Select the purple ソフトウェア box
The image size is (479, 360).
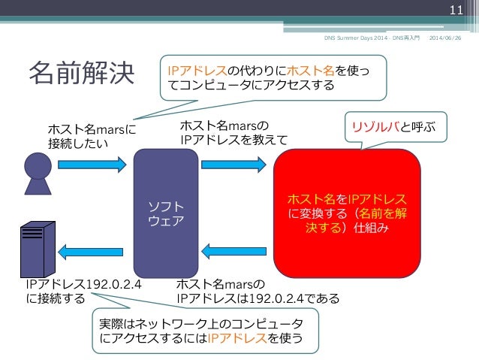coord(166,213)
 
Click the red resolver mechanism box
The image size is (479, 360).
coord(347,213)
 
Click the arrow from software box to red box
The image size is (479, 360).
coord(233,163)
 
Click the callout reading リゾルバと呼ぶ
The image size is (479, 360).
coord(395,126)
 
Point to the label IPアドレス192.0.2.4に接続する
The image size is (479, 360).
coord(84,292)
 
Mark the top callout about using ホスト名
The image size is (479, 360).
coord(267,78)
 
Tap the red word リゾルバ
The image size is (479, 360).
coord(377,126)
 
